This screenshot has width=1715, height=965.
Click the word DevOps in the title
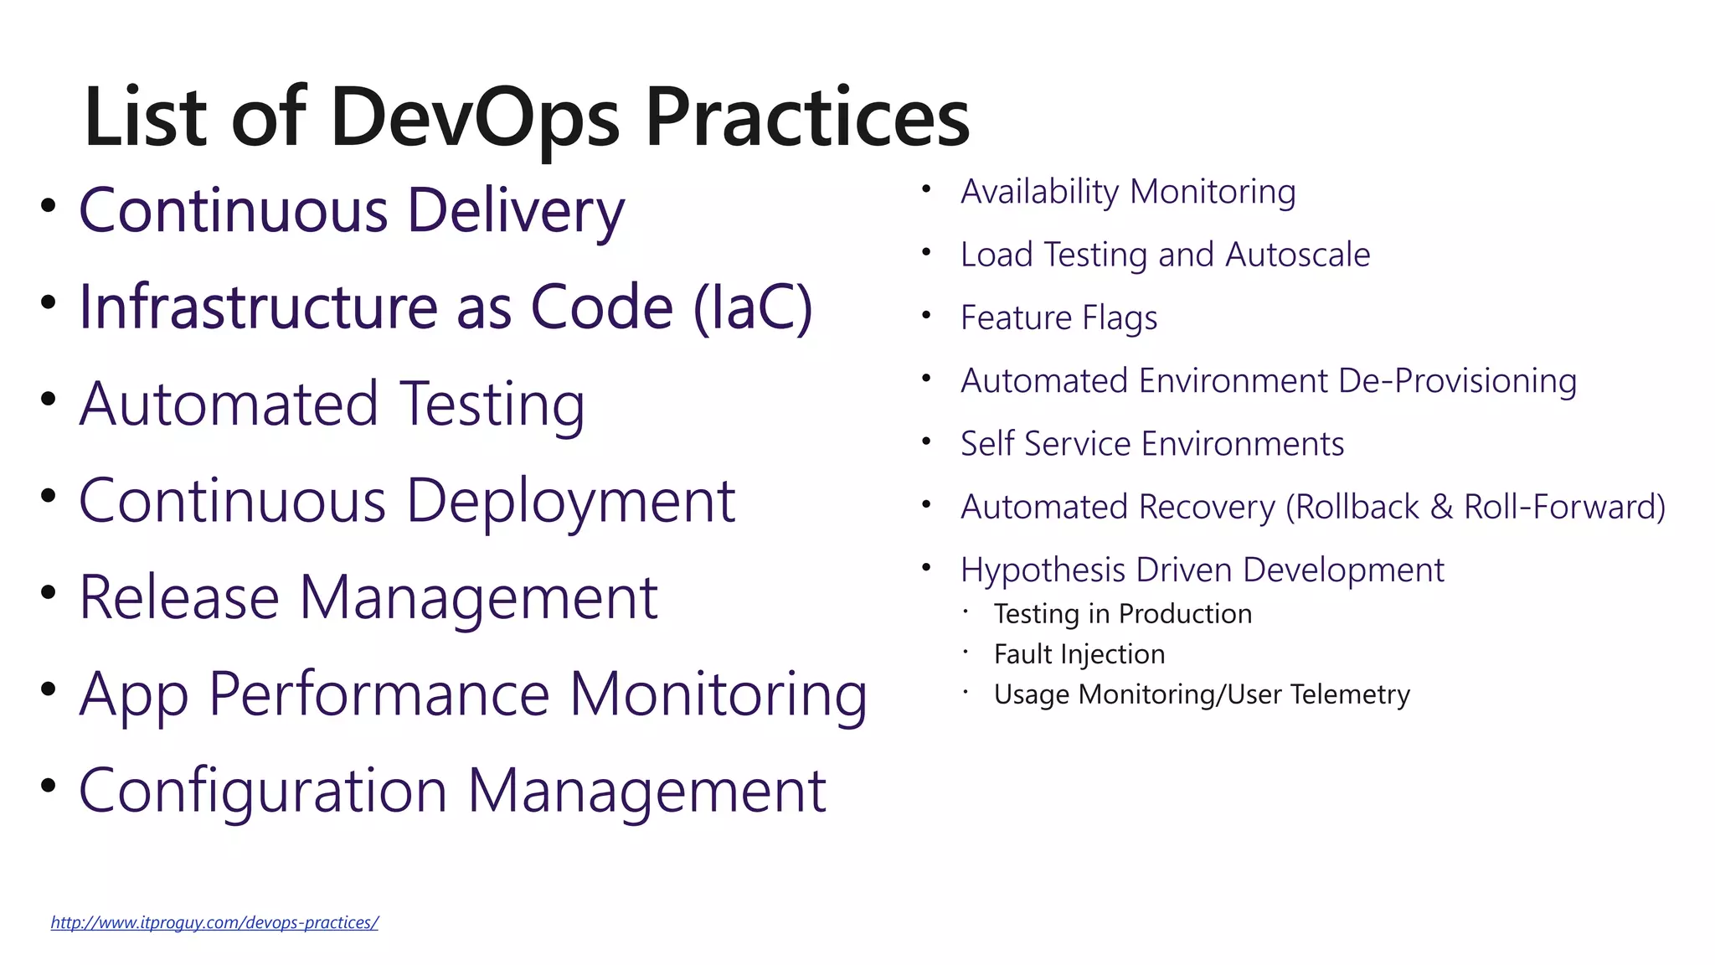tap(474, 118)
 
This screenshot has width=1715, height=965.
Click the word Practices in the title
tap(806, 118)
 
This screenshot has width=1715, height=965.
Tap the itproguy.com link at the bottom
tap(214, 922)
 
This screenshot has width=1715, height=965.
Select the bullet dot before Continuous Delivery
tap(48, 205)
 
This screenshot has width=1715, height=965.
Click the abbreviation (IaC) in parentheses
tap(752, 307)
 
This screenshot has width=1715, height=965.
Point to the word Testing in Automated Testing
tap(492, 405)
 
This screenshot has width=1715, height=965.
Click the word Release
tap(178, 597)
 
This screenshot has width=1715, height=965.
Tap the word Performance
tap(379, 694)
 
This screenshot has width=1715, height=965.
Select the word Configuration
tap(262, 791)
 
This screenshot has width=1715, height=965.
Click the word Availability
tap(1039, 192)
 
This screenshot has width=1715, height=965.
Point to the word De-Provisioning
tap(1457, 381)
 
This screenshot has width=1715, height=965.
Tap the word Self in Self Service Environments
tap(987, 444)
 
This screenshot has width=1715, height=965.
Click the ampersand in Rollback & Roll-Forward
tap(1441, 508)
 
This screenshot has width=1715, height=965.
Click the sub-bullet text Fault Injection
tap(1079, 654)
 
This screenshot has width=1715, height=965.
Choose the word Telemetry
tap(1350, 694)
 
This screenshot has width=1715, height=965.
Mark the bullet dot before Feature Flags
tap(926, 316)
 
